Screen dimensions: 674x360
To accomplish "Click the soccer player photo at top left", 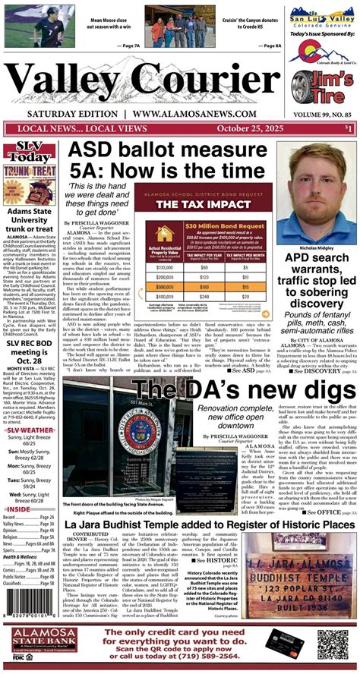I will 30,30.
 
